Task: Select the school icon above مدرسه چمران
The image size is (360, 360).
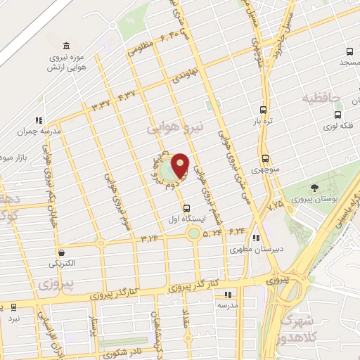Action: tap(39, 120)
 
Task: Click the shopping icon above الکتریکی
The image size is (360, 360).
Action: tap(62, 252)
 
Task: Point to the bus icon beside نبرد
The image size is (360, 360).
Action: tap(13, 307)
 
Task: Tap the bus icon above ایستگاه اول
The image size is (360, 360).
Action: tap(186, 208)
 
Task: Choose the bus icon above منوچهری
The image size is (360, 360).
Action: tap(265, 158)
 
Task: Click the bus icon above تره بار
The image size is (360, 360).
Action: tap(263, 109)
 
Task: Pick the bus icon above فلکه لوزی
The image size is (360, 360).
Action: tap(338, 115)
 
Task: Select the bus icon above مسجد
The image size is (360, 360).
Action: tap(350, 51)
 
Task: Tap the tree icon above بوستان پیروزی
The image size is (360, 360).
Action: tap(314, 187)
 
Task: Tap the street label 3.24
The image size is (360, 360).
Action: tap(150, 239)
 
